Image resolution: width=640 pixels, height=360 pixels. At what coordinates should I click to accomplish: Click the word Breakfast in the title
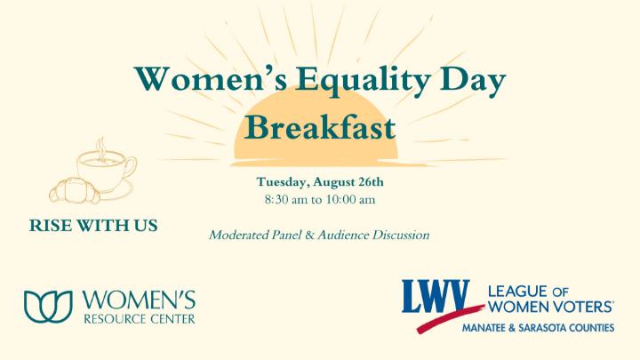(x=320, y=127)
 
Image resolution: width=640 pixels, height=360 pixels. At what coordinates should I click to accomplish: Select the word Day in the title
(x=474, y=80)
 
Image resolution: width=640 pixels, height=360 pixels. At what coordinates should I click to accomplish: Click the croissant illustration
(x=75, y=190)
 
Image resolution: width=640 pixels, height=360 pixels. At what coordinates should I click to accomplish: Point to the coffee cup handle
(x=131, y=166)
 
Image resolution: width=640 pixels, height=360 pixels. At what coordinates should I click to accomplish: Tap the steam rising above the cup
(x=100, y=148)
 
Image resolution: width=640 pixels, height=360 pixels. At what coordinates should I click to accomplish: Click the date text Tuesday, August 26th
(x=320, y=182)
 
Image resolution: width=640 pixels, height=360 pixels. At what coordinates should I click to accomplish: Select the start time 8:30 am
(x=286, y=200)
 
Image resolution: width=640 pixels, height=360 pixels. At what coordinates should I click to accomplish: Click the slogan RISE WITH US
(x=93, y=226)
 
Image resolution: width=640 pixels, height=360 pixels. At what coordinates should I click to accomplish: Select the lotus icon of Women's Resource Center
(x=48, y=307)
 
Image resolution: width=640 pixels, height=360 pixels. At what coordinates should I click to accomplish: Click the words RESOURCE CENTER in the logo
(x=140, y=319)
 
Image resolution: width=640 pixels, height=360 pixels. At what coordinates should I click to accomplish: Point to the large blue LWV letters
(x=436, y=296)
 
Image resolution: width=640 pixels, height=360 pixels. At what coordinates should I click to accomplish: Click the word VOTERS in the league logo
(x=583, y=307)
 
